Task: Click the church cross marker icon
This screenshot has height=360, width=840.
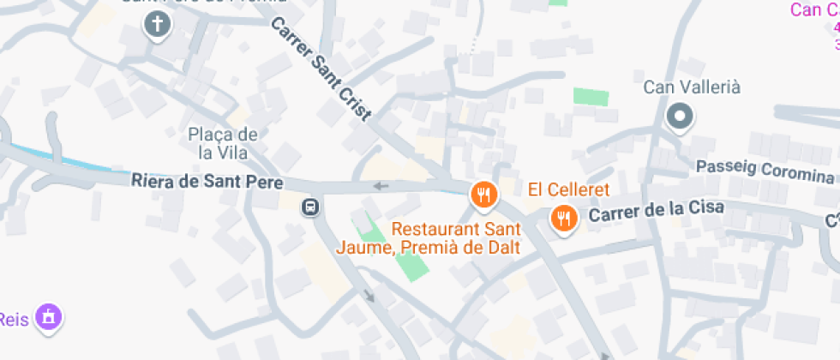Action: [x=156, y=25]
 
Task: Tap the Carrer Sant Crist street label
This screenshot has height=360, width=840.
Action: [x=321, y=70]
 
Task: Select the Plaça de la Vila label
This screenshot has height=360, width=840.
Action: [x=223, y=143]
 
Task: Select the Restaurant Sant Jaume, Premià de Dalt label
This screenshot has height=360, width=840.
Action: [x=457, y=237]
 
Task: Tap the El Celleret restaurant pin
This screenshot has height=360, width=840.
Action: [x=563, y=219]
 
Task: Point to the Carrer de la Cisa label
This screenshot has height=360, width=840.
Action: [x=657, y=210]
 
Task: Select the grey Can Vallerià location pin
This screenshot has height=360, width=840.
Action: [x=681, y=117]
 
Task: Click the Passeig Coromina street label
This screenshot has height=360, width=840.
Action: [x=765, y=171]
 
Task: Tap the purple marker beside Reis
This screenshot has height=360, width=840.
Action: [x=51, y=316]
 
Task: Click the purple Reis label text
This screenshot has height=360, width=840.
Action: [x=15, y=318]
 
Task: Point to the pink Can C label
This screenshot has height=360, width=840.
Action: [x=814, y=10]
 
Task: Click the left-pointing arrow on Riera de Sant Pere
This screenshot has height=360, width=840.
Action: [x=381, y=186]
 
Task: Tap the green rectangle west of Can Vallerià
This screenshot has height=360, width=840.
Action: [x=591, y=96]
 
